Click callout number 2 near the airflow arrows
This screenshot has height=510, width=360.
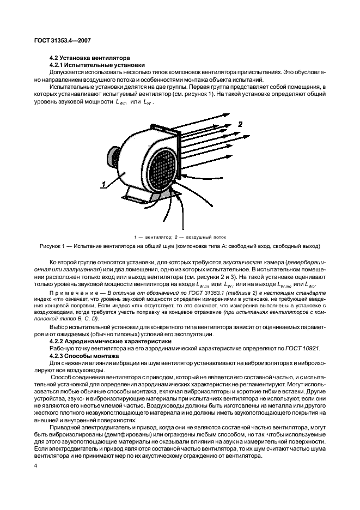[240, 125]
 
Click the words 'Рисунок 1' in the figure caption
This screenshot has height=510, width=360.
[53, 246]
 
